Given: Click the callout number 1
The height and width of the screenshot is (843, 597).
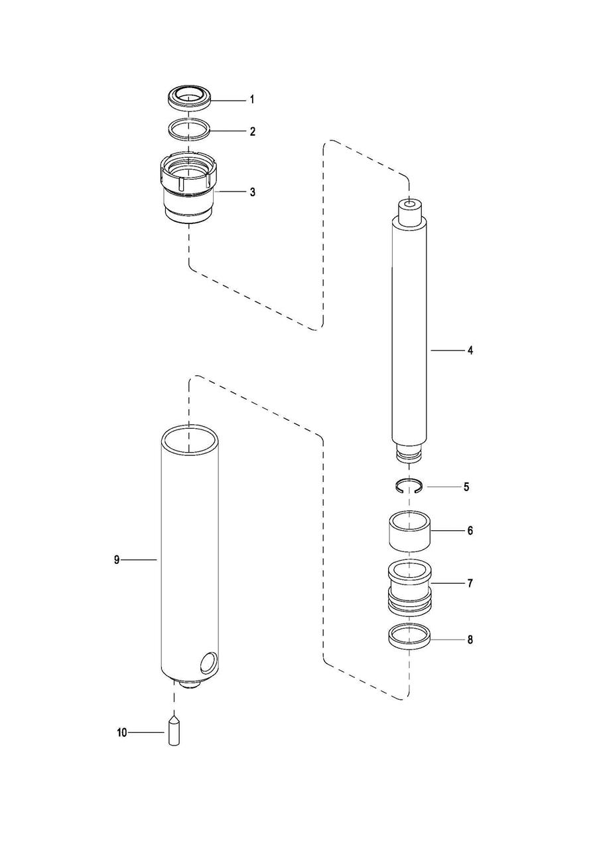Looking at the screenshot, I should tap(252, 100).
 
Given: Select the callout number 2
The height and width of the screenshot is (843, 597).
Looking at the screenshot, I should tap(252, 132).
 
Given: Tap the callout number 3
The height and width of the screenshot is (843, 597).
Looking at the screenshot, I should tap(252, 192).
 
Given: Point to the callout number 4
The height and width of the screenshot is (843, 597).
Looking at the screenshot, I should tap(470, 351).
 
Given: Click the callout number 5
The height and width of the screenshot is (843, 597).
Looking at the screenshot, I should tap(466, 487).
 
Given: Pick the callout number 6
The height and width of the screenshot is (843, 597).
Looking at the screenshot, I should tap(470, 531).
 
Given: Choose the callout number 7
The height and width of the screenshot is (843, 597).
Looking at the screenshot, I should tap(470, 584).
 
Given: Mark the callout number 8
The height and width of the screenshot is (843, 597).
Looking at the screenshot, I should tap(470, 640).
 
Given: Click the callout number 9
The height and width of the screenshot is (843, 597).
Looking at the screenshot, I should tap(117, 560).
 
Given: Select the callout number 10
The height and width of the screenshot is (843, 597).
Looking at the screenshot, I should tap(121, 732).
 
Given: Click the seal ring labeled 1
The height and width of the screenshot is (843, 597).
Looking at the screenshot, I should tap(190, 99).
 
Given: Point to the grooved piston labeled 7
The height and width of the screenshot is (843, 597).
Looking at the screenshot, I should tap(409, 585).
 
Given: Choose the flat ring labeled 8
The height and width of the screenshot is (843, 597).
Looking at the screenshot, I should tap(409, 637).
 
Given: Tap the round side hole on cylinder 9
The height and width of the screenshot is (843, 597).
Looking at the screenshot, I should tap(208, 663).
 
